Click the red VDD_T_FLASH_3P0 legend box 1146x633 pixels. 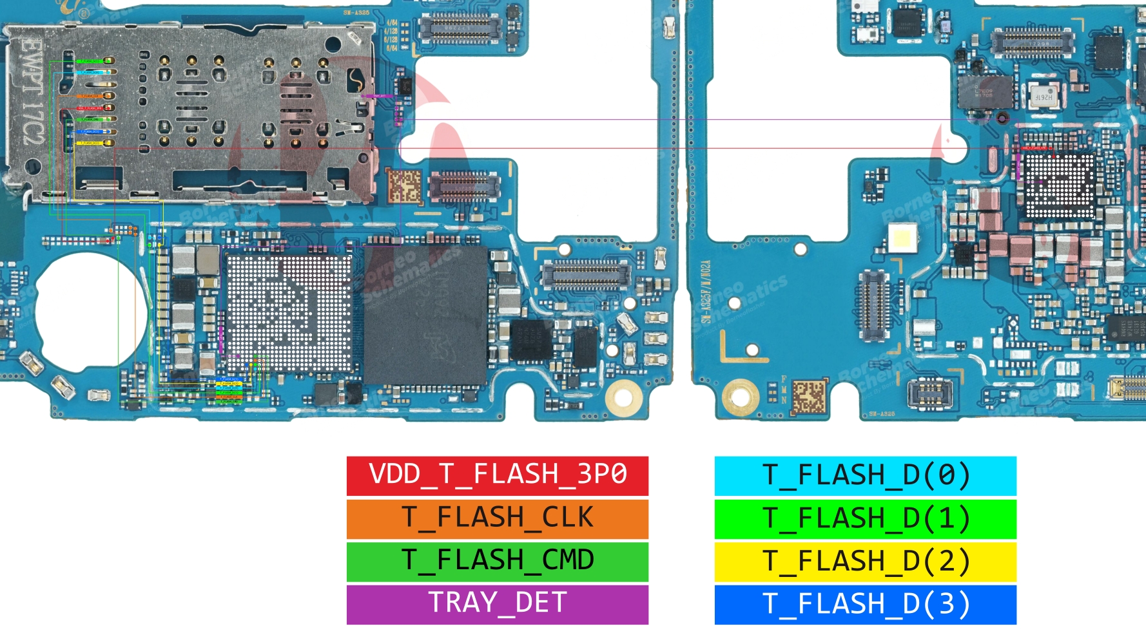(497, 475)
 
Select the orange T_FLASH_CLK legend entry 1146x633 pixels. (497, 518)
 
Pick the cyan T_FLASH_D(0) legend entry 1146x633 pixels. (865, 475)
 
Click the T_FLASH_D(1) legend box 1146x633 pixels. (865, 518)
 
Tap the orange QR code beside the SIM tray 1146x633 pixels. (404, 186)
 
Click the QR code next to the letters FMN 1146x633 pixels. (808, 395)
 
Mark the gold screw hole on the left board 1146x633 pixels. (623, 395)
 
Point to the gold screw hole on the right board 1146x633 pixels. (740, 394)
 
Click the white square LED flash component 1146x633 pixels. (901, 239)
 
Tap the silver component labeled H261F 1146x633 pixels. (1043, 96)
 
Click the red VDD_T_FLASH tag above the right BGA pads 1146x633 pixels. (1035, 148)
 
